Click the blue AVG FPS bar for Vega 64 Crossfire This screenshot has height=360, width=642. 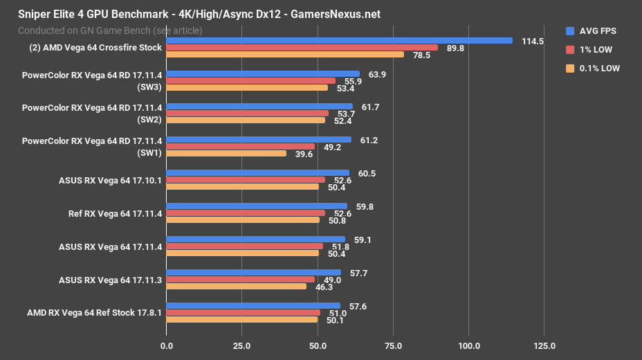tap(339, 41)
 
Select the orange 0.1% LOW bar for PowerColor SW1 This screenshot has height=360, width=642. tap(226, 154)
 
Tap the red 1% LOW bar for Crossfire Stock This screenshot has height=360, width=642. tap(302, 48)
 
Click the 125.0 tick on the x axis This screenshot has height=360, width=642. tap(544, 345)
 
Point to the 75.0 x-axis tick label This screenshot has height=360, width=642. tap(393, 345)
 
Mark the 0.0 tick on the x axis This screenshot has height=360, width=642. tap(166, 345)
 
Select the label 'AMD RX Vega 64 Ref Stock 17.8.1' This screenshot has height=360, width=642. tap(94, 312)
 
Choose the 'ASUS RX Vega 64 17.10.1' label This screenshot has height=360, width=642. tap(111, 180)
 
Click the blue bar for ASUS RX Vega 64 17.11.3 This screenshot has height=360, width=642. tap(253, 273)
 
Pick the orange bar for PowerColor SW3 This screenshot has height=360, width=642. tap(247, 87)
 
